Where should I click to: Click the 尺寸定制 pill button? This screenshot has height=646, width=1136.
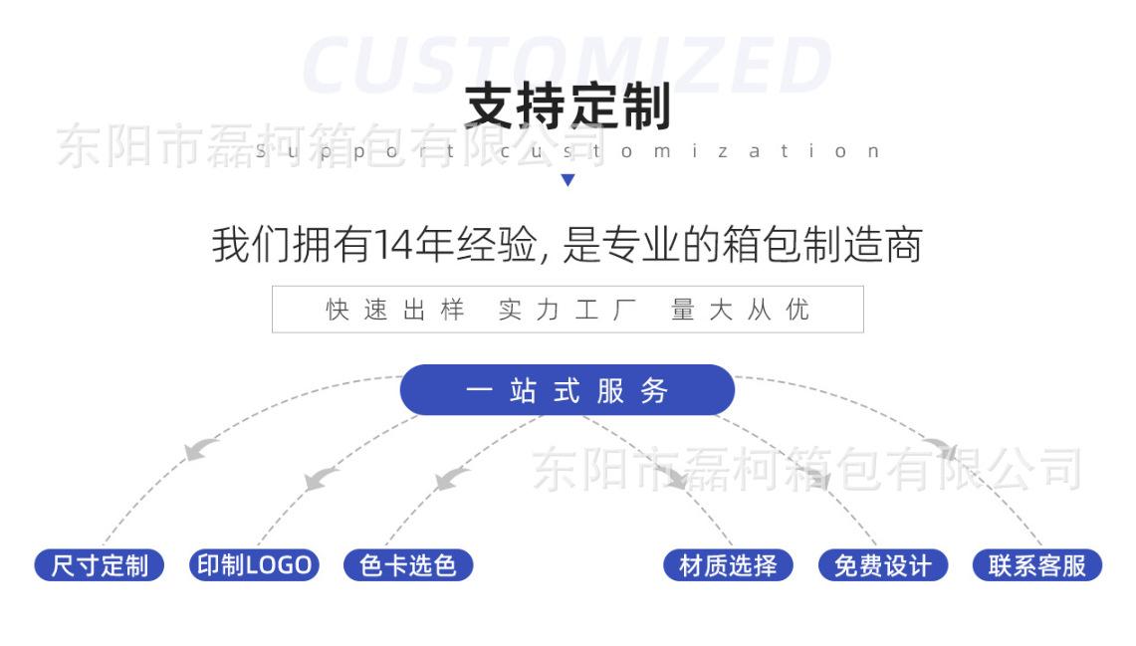click(100, 565)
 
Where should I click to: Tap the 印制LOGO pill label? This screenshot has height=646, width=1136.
click(254, 565)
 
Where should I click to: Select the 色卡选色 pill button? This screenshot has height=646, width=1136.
click(408, 565)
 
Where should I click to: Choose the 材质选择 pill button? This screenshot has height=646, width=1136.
click(728, 565)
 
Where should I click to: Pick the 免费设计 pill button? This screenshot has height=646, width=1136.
click(882, 565)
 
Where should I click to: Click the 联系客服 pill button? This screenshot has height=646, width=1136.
click(1036, 565)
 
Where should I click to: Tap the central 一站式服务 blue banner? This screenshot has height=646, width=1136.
click(567, 390)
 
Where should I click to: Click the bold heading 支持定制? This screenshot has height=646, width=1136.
click(568, 107)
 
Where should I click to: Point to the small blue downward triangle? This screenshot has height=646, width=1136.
click(568, 180)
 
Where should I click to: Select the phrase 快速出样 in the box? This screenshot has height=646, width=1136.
click(395, 310)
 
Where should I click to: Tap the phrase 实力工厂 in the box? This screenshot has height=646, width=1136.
click(568, 310)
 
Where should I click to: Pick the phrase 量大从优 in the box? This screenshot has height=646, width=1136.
click(741, 310)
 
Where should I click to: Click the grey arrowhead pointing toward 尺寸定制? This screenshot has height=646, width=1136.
click(201, 449)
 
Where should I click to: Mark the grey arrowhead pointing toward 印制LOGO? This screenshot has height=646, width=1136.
click(321, 479)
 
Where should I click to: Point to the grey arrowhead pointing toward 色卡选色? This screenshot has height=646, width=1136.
click(450, 479)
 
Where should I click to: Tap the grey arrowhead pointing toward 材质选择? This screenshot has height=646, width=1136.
click(677, 477)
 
